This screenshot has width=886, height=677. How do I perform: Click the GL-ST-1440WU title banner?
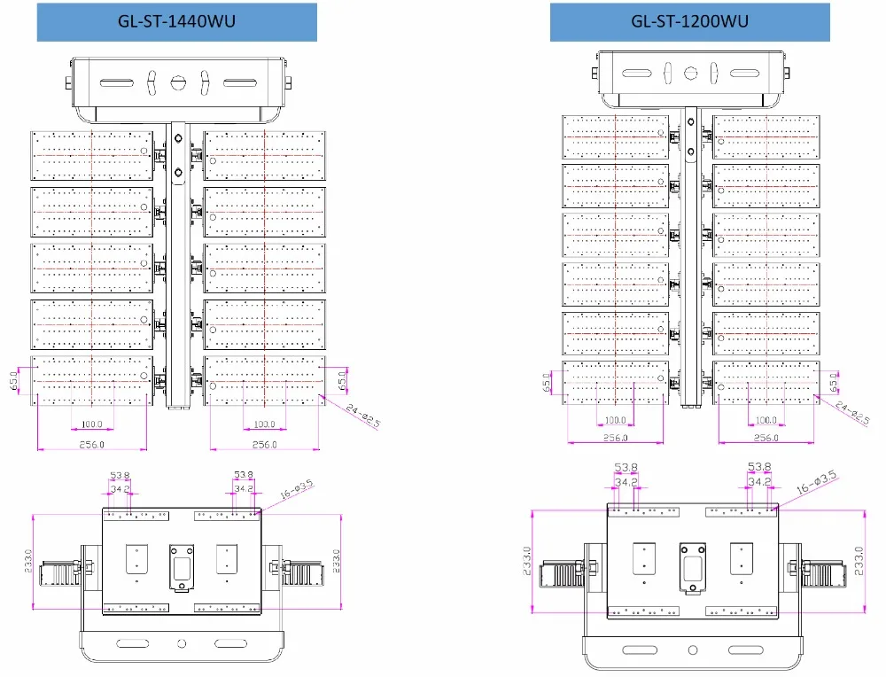coord(177,22)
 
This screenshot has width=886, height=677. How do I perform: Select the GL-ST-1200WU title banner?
coord(690,22)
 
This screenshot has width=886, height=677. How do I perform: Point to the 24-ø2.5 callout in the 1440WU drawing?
coord(362,416)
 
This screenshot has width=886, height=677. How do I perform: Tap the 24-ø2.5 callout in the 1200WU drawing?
coord(852,413)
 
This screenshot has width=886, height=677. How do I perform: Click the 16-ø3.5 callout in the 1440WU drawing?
coord(297,489)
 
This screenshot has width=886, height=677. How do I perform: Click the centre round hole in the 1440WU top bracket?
coord(178,82)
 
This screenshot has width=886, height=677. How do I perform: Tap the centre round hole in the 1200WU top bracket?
coord(690,73)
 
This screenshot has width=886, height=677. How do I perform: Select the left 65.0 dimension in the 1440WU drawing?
coord(14,381)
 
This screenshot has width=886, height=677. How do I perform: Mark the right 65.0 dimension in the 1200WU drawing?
coord(834,383)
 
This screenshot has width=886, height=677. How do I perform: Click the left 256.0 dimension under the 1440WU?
coord(91,445)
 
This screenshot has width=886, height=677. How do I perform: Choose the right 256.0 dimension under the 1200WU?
coord(766,438)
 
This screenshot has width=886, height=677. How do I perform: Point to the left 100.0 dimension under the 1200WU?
coord(616,420)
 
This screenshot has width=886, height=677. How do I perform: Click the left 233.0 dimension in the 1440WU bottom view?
coord(28,561)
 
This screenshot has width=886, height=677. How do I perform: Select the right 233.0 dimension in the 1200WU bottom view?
coord(859,561)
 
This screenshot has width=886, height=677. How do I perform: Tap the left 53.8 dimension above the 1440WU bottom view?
coord(120,475)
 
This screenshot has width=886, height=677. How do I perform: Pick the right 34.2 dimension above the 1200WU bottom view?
coord(759,481)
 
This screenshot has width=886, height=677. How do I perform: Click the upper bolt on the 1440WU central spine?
coord(179,138)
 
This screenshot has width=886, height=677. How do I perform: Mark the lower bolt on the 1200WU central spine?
coord(690,152)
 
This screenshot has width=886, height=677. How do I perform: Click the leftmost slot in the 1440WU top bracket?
coord(116,83)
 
